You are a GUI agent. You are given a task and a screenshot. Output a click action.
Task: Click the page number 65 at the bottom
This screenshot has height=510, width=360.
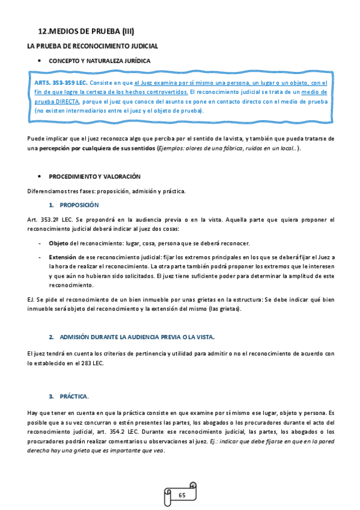tap(182, 495)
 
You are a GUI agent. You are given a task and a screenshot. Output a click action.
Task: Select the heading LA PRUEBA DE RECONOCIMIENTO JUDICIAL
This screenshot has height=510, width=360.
tap(93, 46)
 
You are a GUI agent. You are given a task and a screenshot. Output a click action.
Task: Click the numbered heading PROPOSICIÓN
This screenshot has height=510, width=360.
tap(79, 205)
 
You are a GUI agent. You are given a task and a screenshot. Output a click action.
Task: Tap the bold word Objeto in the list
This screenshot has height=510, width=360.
tap(58, 243)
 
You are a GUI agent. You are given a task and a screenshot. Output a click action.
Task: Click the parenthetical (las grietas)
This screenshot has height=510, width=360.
tap(222, 309)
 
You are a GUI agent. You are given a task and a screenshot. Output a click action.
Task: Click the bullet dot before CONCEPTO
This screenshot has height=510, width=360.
tap(39, 61)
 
